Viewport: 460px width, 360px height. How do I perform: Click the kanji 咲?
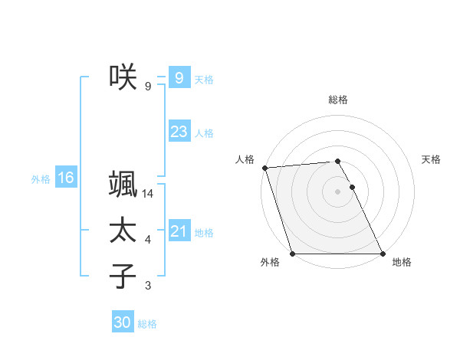coord(123,77)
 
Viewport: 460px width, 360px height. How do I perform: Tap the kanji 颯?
coord(123,185)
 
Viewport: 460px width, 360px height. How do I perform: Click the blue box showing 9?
coord(179,77)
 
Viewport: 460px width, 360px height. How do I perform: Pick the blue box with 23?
coord(179,132)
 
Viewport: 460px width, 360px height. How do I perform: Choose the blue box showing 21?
coord(179,231)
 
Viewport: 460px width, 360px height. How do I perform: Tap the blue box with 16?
coord(66,178)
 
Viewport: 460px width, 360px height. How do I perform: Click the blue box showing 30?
coord(122,322)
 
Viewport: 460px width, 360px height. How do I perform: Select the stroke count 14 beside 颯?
coord(148,195)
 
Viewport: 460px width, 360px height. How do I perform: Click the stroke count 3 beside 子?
coord(148,286)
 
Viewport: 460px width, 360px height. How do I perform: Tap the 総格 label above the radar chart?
coord(338,100)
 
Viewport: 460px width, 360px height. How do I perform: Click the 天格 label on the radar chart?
coord(432,159)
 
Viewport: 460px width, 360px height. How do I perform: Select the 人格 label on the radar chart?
coord(245,159)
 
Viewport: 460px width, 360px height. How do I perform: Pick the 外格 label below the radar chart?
coord(269,263)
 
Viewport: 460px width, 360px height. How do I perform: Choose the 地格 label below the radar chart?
coord(402,263)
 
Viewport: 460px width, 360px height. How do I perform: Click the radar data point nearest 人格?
coord(264,168)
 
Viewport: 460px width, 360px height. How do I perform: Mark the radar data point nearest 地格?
coord(383,254)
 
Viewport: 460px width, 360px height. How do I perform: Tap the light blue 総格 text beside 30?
coord(147,324)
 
